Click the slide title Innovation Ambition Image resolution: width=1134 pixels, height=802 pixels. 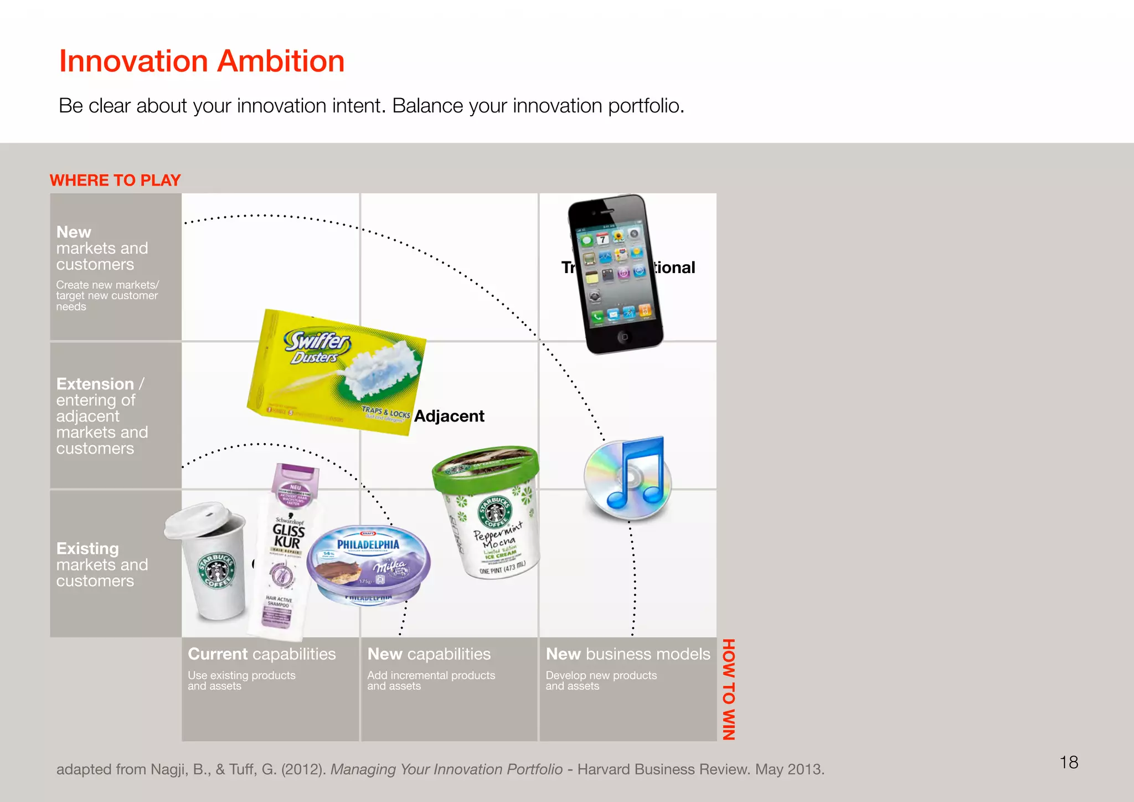202,61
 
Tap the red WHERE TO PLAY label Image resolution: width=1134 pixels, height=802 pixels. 115,181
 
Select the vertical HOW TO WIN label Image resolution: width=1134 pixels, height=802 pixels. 728,689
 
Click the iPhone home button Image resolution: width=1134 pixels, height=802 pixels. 624,336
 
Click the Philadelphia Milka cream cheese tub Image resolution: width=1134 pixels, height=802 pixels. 368,565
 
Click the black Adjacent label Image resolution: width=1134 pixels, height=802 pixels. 449,416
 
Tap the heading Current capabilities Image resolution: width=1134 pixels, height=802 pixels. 261,654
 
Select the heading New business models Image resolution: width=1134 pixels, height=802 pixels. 628,654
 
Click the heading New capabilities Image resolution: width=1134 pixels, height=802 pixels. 429,654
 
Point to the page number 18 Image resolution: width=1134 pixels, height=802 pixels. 1069,762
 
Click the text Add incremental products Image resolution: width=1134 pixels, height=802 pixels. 431,675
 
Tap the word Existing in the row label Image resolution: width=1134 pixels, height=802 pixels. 87,548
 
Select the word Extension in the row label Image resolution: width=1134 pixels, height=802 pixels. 95,384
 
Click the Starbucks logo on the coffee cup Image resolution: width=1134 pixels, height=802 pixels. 218,570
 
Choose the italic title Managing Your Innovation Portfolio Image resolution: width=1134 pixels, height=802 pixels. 446,769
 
